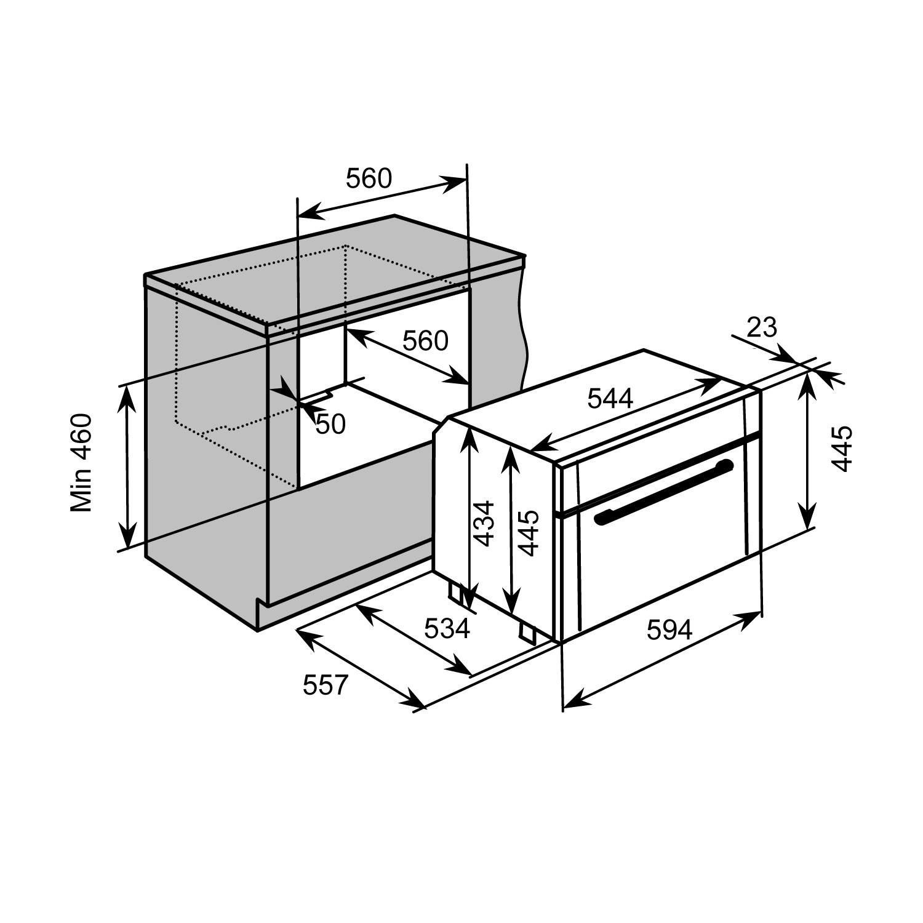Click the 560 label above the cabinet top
pos(369,178)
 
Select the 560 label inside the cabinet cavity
pos(425,340)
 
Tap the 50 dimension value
pos(330,423)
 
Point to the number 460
pos(81,437)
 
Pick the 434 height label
pos(484,524)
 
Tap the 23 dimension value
pos(762,328)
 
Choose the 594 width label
pos(670,629)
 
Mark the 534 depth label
pos(447,628)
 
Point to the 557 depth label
pos(326,685)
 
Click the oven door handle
pos(665,493)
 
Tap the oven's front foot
pos(527,631)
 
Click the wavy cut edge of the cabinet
pos(524,332)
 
